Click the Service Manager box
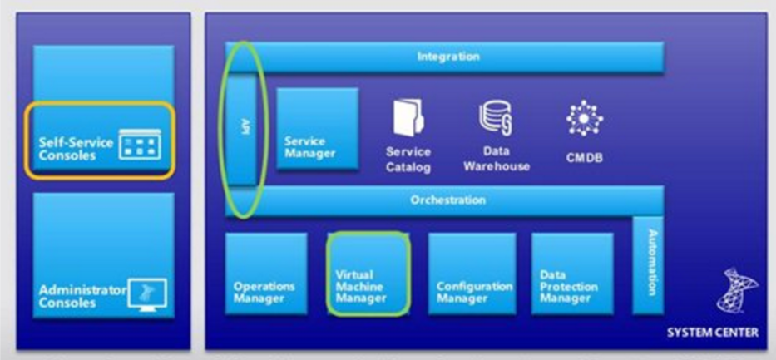pos(316,129)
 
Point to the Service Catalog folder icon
pos(408,117)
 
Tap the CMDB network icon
pos(584,119)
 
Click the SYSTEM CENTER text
pos(713,333)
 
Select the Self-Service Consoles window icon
pos(139,146)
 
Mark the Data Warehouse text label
pos(496,159)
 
